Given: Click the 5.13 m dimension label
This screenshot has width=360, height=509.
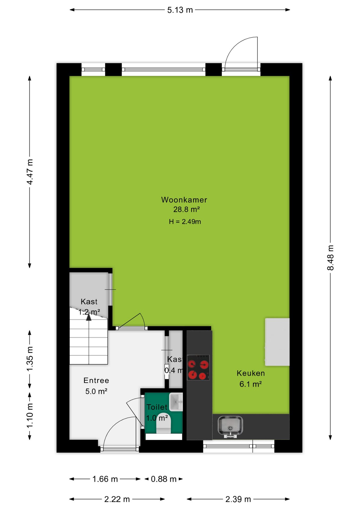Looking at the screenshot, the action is (180, 10).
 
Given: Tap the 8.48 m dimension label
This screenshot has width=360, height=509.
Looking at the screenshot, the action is (331, 258).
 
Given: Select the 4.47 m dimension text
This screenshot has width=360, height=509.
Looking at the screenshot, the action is (30, 172).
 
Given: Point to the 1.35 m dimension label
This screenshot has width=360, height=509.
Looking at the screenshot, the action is (30, 359).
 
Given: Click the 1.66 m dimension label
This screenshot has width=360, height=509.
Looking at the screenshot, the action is (105, 479).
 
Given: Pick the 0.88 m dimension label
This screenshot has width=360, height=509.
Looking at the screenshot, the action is (164, 479).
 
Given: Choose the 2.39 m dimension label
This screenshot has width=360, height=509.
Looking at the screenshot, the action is (238, 499).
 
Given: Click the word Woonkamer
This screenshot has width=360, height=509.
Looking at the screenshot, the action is (184, 200).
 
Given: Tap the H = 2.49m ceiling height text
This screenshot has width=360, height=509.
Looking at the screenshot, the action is (185, 222).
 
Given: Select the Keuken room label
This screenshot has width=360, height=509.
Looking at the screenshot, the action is (251, 373).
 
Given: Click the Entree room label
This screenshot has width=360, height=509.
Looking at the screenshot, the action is (96, 380).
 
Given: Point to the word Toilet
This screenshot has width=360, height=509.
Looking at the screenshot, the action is (157, 407).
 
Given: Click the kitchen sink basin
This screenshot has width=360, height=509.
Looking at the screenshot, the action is (230, 426).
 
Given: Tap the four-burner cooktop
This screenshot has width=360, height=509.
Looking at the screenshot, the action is (198, 367).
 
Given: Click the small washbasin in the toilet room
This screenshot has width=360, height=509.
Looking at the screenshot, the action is (176, 402).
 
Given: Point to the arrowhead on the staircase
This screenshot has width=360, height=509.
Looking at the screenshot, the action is (89, 317).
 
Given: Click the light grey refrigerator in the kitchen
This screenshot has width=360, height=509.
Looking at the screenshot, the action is (277, 342).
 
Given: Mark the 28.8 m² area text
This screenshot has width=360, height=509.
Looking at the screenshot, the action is (186, 209).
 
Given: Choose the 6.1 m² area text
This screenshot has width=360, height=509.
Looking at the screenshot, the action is (251, 384).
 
